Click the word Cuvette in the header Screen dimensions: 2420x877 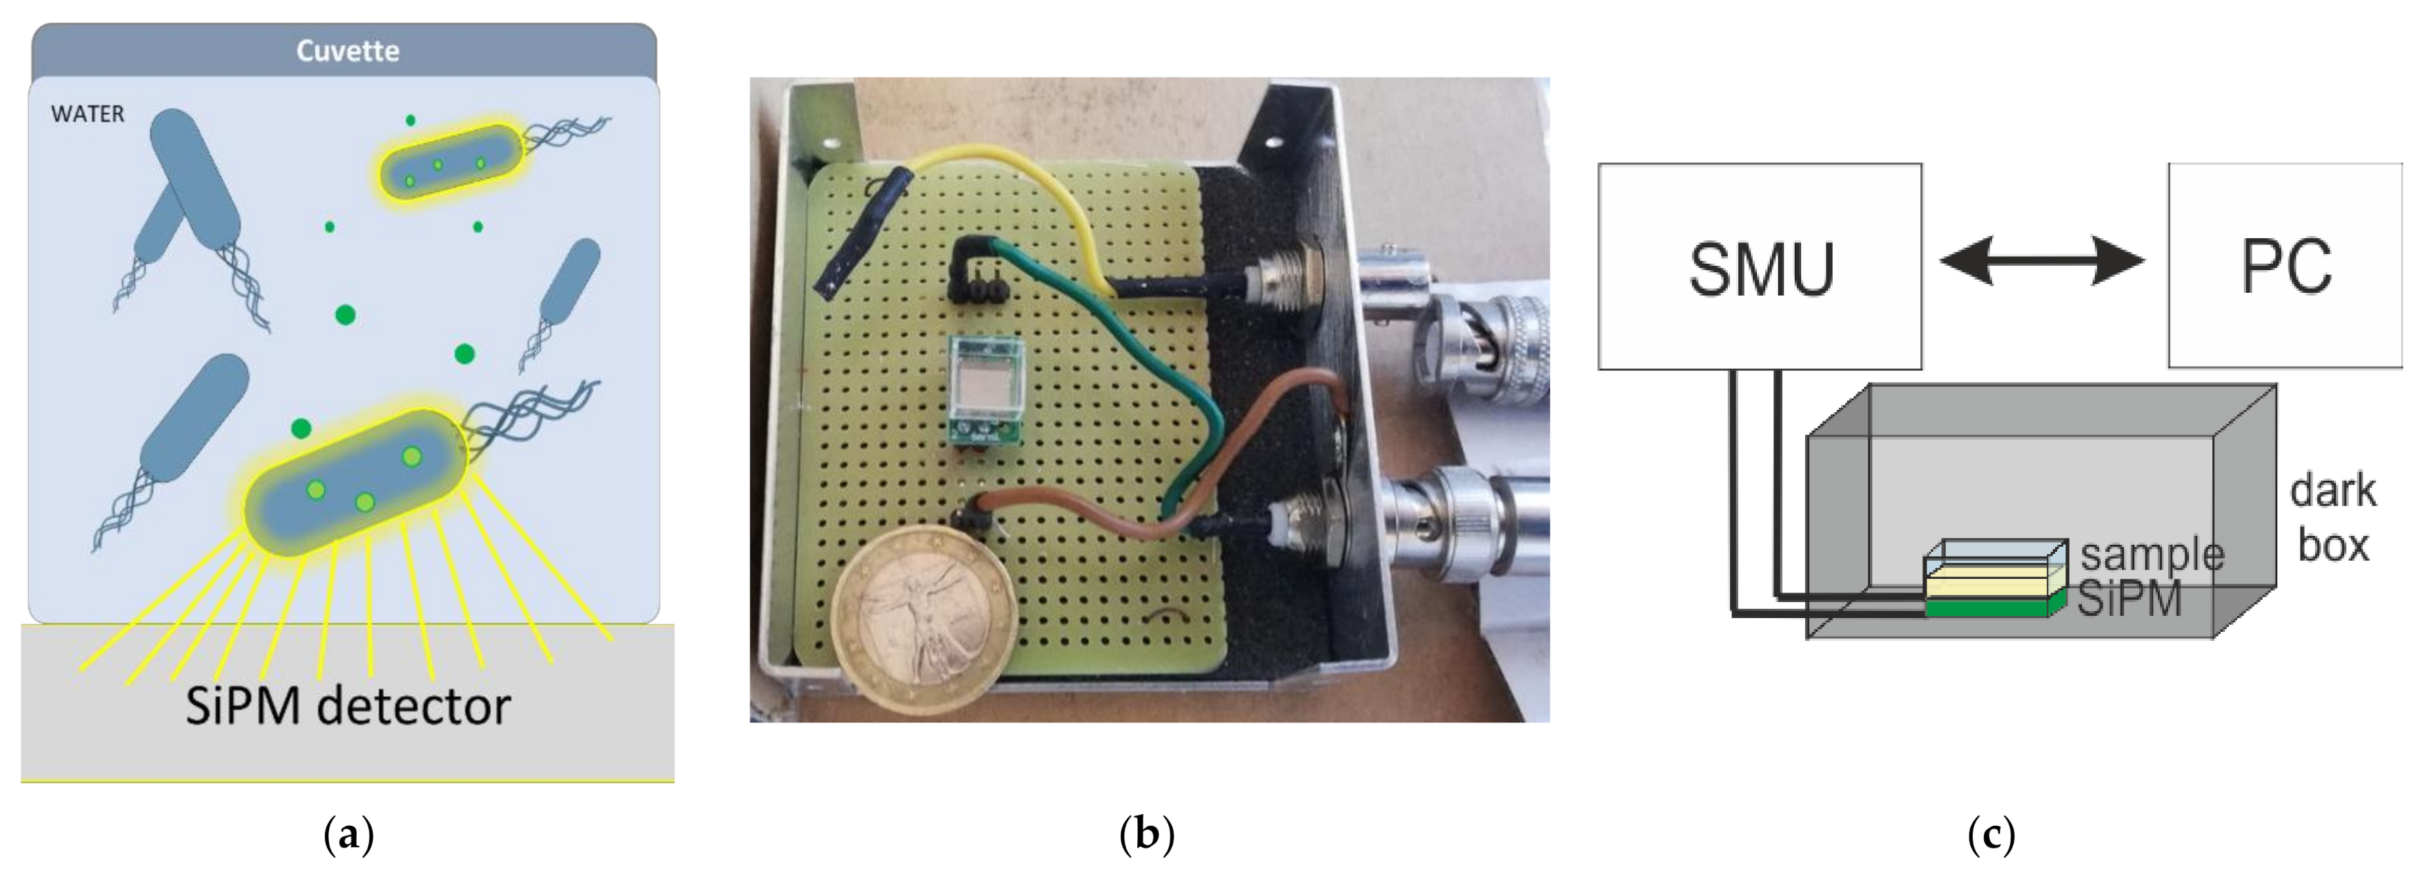point(348,51)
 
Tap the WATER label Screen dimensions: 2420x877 point(88,115)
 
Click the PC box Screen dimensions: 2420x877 point(2285,266)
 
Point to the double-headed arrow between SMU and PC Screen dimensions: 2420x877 point(2043,261)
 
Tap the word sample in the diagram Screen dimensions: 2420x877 point(2152,554)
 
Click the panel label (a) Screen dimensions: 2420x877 point(348,833)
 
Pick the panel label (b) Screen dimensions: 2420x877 point(1146,833)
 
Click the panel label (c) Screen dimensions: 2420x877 point(1991,833)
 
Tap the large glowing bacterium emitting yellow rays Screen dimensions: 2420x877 point(355,482)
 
